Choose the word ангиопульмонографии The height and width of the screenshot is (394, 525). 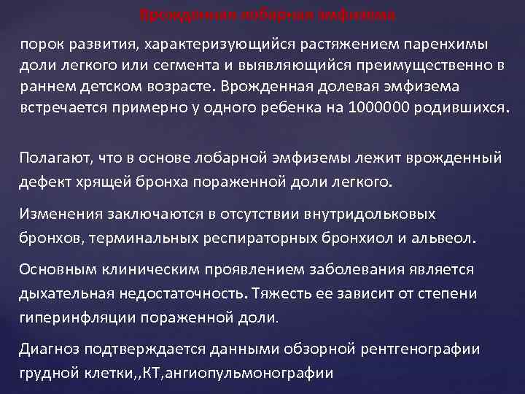(265, 372)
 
